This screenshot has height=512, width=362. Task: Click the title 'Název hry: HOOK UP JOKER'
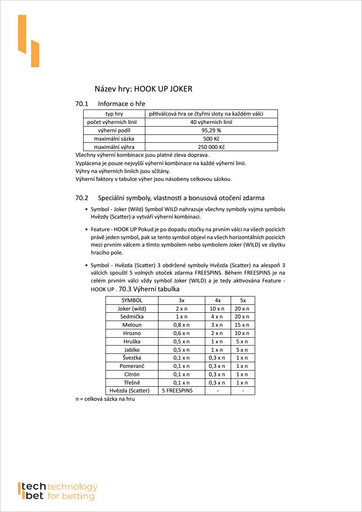pyautogui.click(x=144, y=89)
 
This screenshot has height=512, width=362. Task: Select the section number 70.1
pyautogui.click(x=82, y=104)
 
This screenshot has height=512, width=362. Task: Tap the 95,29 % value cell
pyautogui.click(x=211, y=131)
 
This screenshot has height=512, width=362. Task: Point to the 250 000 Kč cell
pyautogui.click(x=211, y=147)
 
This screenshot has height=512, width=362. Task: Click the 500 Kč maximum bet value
pyautogui.click(x=211, y=139)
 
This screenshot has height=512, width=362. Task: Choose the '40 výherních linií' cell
pyautogui.click(x=211, y=122)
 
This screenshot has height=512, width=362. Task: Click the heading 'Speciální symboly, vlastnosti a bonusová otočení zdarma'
pyautogui.click(x=181, y=198)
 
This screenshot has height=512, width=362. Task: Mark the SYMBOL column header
pyautogui.click(x=132, y=300)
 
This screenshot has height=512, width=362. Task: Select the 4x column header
pyautogui.click(x=218, y=300)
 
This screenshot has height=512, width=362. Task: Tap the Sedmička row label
pyautogui.click(x=132, y=317)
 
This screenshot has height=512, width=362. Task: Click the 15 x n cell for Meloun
pyautogui.click(x=243, y=325)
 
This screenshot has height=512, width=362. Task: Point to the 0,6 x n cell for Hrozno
pyautogui.click(x=181, y=333)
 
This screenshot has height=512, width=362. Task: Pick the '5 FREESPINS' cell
pyautogui.click(x=177, y=391)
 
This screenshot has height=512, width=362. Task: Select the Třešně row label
pyautogui.click(x=132, y=382)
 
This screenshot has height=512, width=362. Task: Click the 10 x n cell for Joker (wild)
pyautogui.click(x=218, y=309)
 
